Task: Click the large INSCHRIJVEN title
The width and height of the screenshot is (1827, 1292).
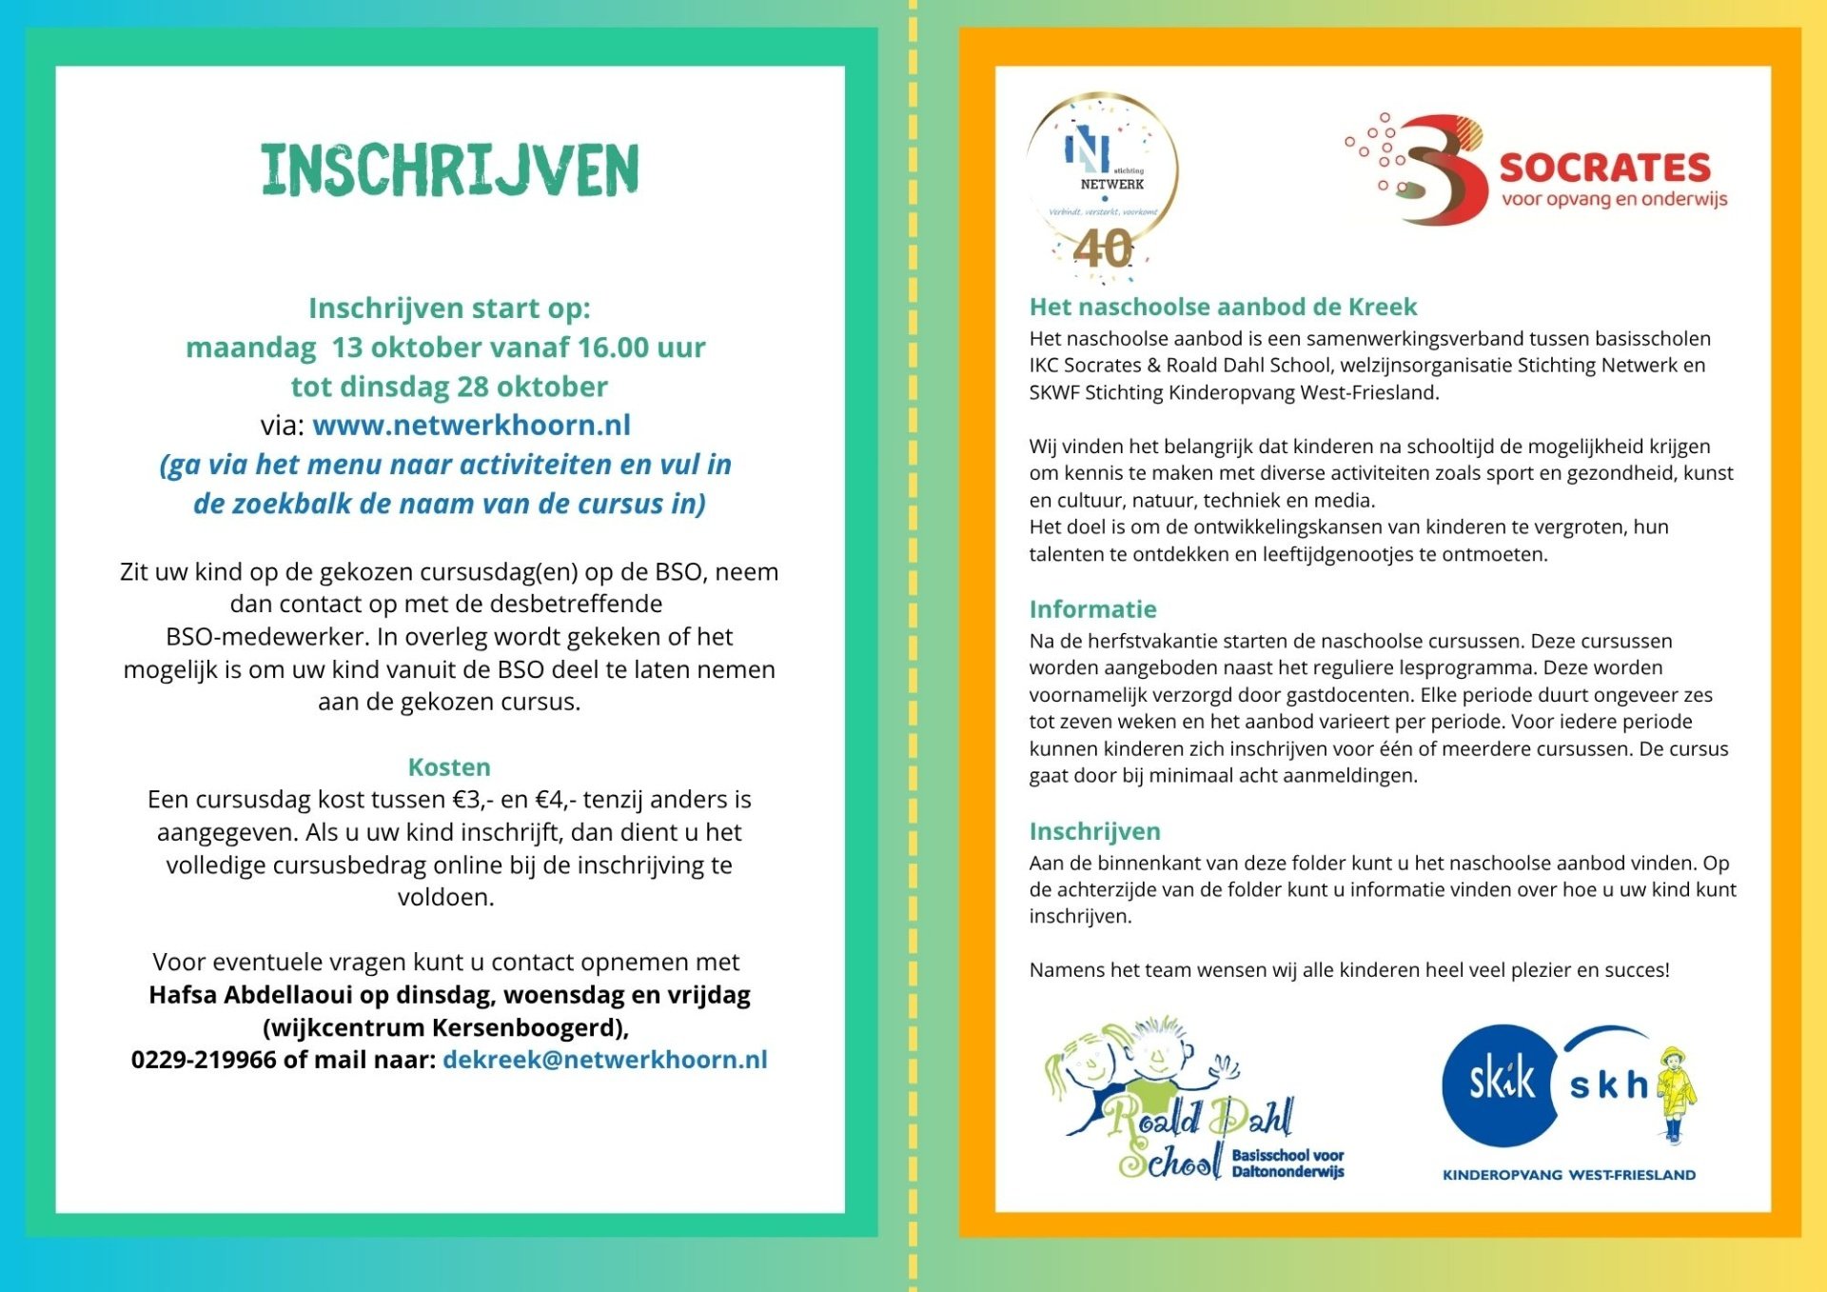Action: coord(449,170)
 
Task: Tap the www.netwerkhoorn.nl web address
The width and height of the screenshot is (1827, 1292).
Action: coord(471,425)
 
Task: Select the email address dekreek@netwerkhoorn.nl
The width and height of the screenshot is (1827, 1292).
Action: coord(605,1060)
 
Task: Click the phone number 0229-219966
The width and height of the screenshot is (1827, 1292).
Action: coord(204,1060)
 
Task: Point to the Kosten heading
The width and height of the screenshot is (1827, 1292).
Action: coord(449,766)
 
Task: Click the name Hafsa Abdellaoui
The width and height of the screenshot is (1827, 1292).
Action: coord(250,995)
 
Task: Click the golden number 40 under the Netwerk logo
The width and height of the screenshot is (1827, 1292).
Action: coord(1103,249)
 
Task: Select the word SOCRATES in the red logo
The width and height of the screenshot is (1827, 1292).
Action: coord(1604,168)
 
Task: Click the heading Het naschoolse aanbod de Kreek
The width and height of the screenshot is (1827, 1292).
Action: coord(1223,307)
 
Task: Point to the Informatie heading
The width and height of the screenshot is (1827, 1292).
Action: coord(1092,609)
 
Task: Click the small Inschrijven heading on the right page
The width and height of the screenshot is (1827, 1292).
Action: coord(1094,831)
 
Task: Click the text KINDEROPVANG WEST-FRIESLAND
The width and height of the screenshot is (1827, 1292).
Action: coord(1569,1175)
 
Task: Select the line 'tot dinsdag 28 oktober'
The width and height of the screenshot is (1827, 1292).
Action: coord(449,387)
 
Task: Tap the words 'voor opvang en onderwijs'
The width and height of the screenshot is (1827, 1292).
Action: coord(1614,199)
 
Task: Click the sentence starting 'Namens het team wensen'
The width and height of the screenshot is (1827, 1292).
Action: coord(1348,970)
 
